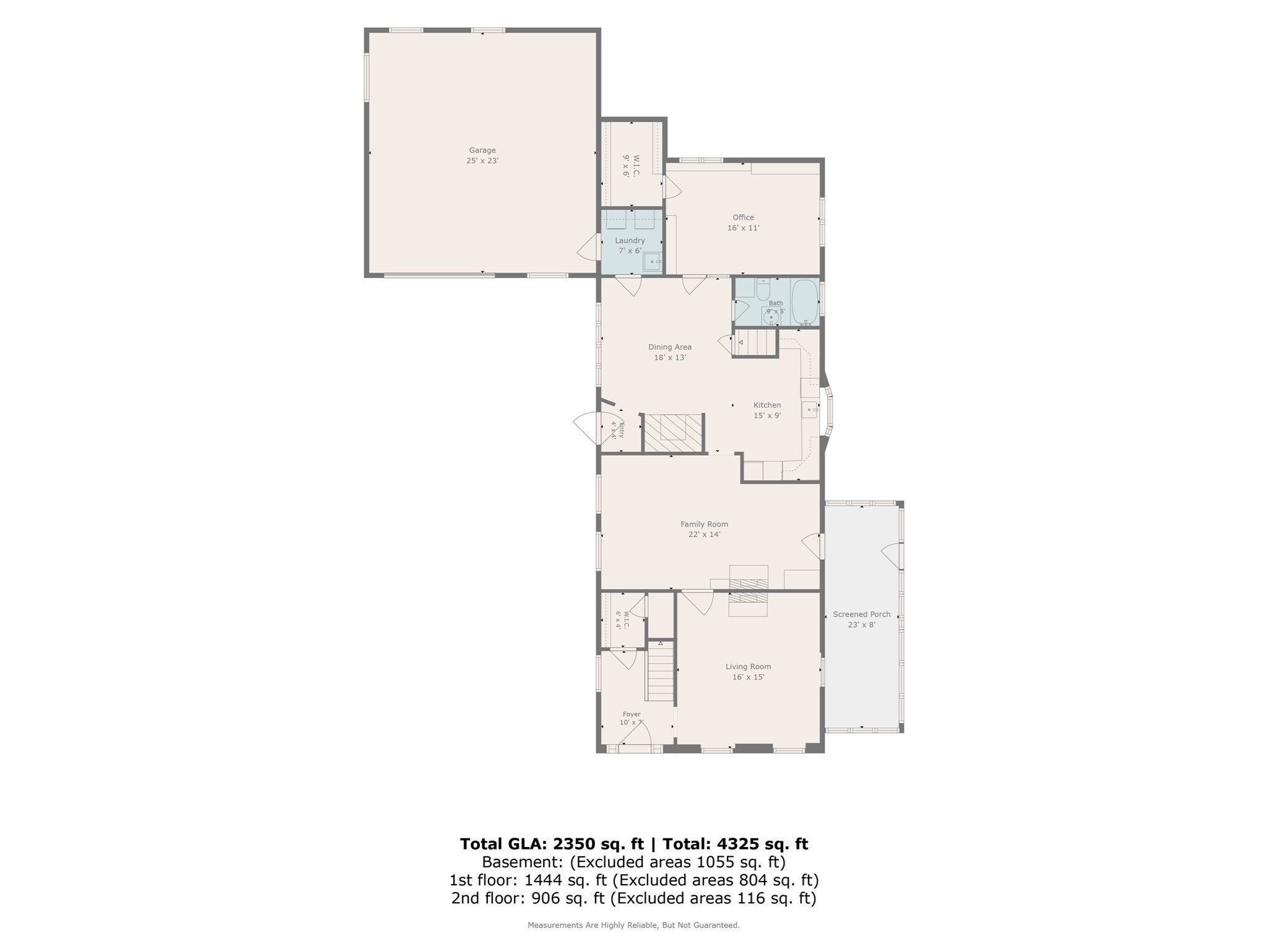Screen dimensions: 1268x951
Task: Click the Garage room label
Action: click(x=482, y=150)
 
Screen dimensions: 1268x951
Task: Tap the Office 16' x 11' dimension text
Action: click(x=744, y=228)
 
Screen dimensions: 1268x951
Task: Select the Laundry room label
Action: click(x=630, y=240)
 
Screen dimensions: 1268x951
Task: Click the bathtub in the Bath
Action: click(x=805, y=302)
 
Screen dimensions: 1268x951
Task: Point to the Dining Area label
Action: click(x=670, y=347)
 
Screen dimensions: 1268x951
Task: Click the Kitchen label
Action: click(x=767, y=405)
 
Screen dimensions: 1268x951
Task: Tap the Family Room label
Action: click(x=705, y=524)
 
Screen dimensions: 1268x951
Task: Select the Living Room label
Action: click(x=749, y=667)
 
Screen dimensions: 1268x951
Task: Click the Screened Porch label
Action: click(x=862, y=614)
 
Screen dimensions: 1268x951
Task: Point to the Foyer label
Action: click(x=632, y=714)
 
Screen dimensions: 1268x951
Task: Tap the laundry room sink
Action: click(x=653, y=262)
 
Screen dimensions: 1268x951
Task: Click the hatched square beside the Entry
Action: click(x=673, y=433)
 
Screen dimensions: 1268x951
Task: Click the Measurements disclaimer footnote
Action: click(x=633, y=925)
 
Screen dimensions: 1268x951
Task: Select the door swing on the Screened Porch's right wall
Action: click(x=892, y=555)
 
